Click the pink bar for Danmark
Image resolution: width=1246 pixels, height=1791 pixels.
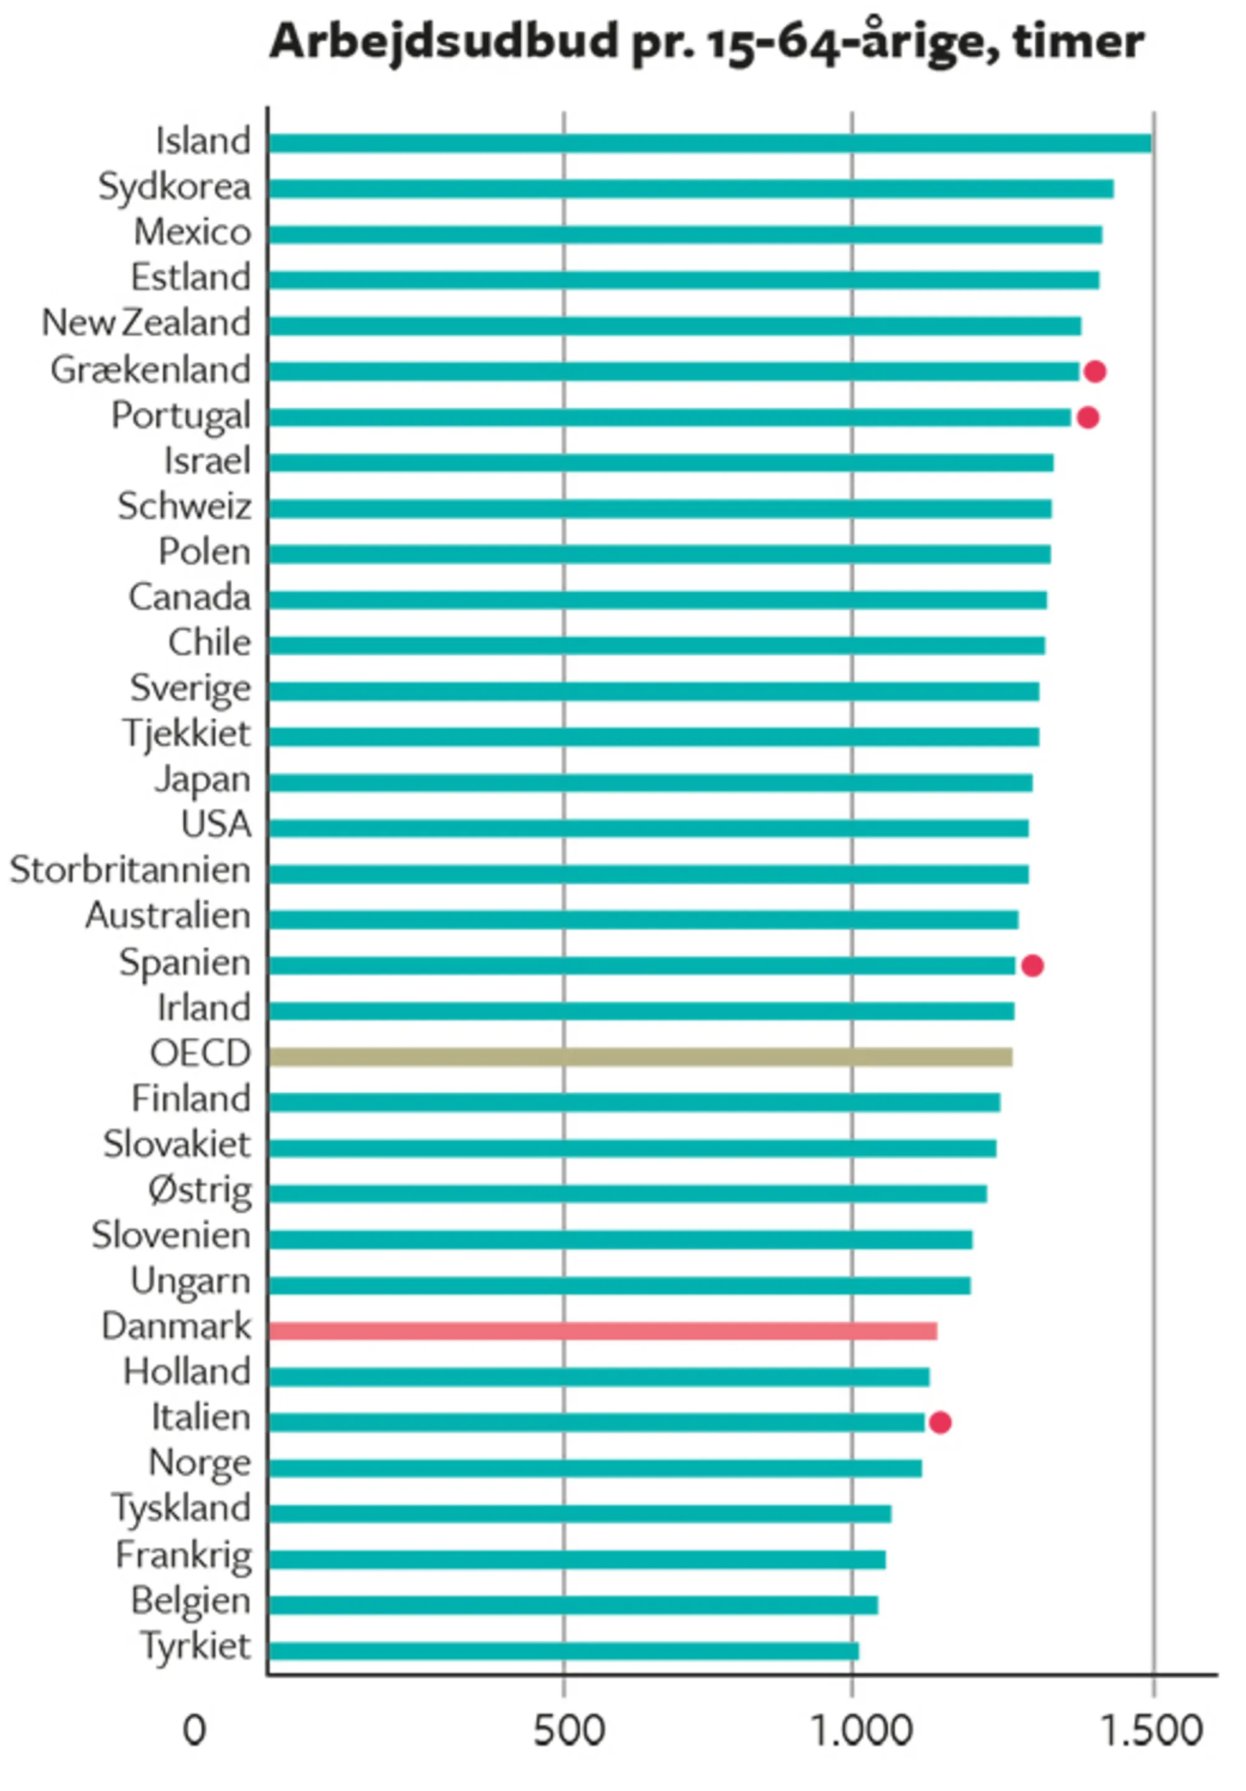coord(602,1331)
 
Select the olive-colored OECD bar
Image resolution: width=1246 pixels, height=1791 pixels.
coord(639,1057)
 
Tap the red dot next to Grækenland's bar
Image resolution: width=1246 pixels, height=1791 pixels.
coord(1095,372)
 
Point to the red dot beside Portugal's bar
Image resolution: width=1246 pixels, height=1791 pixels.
coord(1088,417)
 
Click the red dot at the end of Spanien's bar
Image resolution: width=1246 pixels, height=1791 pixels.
coord(1032,966)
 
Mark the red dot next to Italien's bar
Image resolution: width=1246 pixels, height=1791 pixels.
coord(939,1423)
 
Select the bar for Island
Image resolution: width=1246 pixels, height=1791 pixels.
coord(710,143)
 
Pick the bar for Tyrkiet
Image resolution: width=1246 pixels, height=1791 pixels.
coord(563,1651)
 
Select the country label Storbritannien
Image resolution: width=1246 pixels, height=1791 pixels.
coord(130,870)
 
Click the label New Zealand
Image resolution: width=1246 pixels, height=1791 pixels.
coord(146,323)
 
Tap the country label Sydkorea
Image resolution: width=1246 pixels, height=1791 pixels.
coord(174,187)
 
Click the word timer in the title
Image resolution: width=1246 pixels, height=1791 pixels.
coord(1078,41)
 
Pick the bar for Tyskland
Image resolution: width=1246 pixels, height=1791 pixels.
coord(579,1514)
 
